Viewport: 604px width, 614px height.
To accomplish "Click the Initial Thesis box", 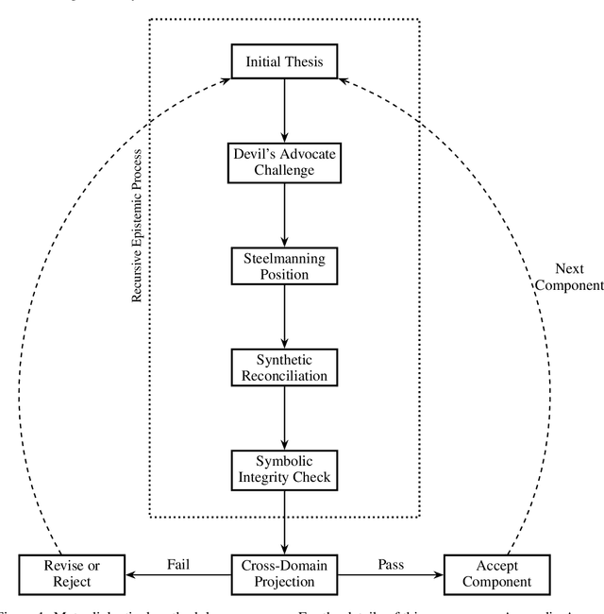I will [284, 63].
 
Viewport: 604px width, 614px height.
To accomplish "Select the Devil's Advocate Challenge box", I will [284, 162].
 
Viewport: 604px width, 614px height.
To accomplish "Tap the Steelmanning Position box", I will [284, 265].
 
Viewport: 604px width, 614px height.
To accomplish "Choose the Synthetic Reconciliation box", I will [284, 367].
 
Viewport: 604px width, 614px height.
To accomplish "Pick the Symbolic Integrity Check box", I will [284, 469].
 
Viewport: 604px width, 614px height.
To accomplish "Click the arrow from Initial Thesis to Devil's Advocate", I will [284, 111].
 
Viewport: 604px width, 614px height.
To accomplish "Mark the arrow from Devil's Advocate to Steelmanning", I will [284, 214].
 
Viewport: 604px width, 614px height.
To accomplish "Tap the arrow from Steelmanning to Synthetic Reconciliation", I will [284, 316].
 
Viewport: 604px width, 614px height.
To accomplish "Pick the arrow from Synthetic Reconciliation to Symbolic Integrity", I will [284, 418].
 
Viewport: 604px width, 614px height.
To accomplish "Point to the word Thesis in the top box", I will [303, 63].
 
